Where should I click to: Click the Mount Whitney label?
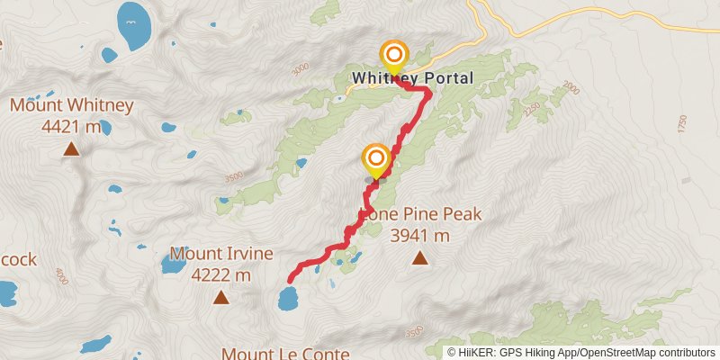point(72,105)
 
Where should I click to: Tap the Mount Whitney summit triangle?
point(71,149)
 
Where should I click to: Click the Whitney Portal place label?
point(411,78)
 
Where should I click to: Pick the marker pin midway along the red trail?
point(375,161)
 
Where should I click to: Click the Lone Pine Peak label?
point(420,214)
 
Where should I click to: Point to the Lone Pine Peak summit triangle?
point(419,259)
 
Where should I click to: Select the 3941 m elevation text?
point(419,236)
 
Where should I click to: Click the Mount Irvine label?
point(220,254)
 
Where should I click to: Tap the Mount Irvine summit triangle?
point(220,297)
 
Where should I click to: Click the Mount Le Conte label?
point(284,354)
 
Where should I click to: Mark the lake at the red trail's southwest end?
point(288,297)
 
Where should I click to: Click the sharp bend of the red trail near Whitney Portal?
point(427,93)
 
